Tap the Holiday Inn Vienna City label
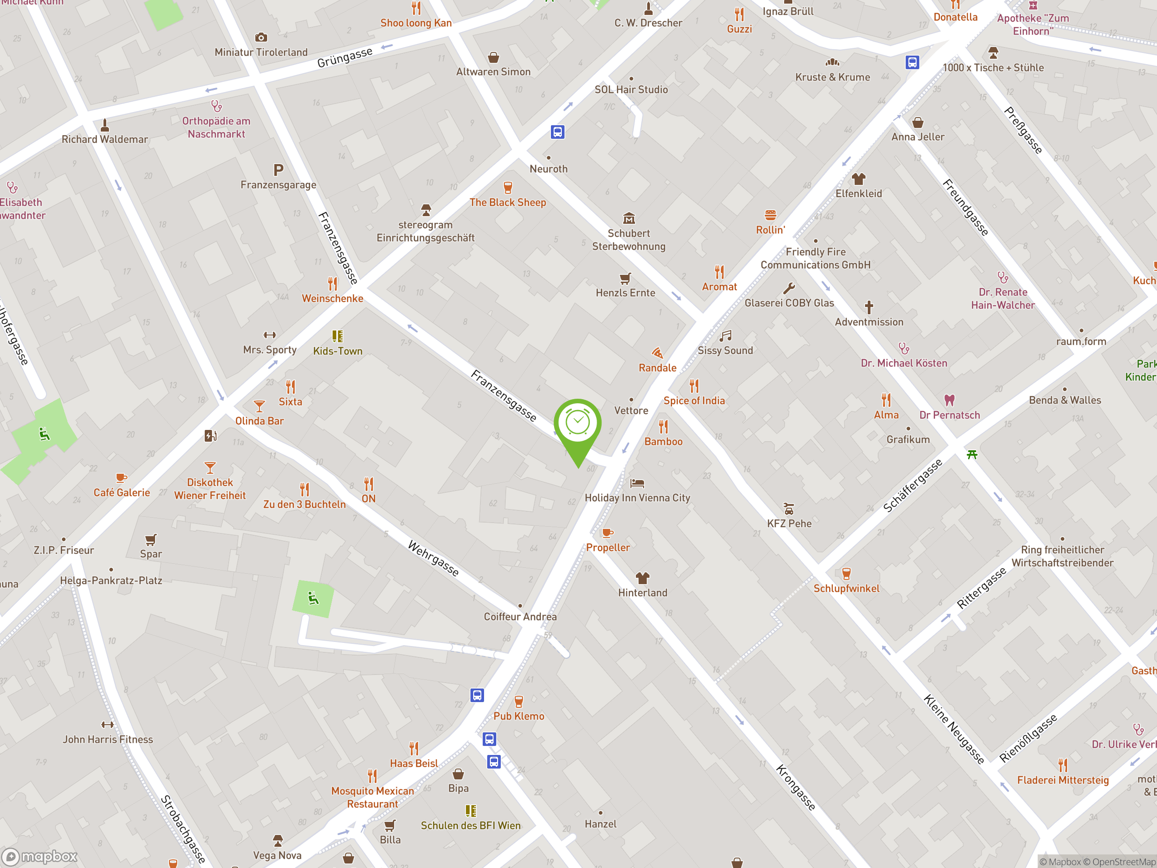click(637, 498)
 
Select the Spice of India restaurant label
click(694, 400)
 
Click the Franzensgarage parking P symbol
click(278, 170)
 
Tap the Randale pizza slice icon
click(657, 353)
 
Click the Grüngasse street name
click(345, 57)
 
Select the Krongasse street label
click(795, 788)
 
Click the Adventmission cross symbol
click(869, 307)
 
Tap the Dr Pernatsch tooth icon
click(950, 400)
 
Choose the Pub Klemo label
click(518, 716)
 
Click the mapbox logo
click(40, 857)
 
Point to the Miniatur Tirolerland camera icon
click(261, 37)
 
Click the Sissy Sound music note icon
click(725, 336)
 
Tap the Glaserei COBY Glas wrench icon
click(789, 288)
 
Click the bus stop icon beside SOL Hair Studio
click(557, 132)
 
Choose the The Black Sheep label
click(508, 202)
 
